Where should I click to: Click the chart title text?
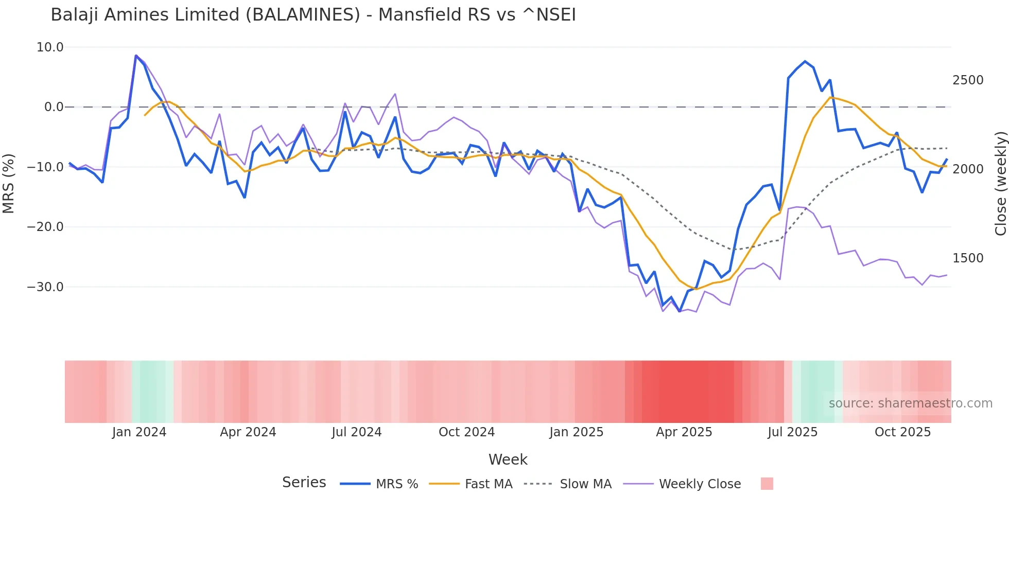coord(313,15)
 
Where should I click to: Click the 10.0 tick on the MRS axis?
coord(50,47)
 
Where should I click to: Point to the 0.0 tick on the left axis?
coord(54,107)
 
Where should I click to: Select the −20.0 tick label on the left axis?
coord(45,227)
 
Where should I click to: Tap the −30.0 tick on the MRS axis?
coord(45,287)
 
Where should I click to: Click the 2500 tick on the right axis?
coord(968,80)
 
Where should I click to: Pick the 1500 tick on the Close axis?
coord(968,258)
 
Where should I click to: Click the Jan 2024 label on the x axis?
coord(139,432)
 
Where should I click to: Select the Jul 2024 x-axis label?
coord(356,432)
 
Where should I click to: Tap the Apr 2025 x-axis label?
coord(684,432)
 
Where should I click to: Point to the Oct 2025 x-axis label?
coord(902,432)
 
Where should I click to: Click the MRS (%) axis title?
coord(9,183)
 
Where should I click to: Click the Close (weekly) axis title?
coord(1000,183)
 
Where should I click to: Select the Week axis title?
coord(508,459)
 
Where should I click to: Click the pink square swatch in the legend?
coord(767,484)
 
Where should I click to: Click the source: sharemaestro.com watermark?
coord(910,403)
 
